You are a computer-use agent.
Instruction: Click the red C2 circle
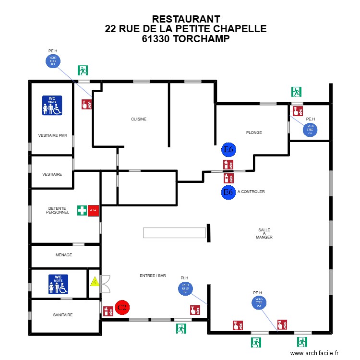click(122, 307)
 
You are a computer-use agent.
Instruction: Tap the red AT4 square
click(93, 210)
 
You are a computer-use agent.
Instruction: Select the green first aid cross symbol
click(82, 210)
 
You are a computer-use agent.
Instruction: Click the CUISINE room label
click(139, 119)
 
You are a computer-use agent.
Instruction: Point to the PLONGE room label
click(254, 132)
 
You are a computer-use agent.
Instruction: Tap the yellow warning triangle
click(95, 282)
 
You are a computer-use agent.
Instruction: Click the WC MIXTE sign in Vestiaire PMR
click(52, 106)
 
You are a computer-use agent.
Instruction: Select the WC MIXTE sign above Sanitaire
click(58, 284)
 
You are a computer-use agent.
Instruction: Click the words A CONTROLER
click(251, 192)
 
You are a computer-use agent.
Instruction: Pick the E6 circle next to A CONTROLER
click(228, 192)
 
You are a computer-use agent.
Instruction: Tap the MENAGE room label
click(64, 255)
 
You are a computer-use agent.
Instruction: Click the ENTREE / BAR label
click(153, 276)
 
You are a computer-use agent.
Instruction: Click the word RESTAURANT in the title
click(185, 19)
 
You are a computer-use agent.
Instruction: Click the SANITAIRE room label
click(63, 315)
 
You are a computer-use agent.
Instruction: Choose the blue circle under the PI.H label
click(185, 288)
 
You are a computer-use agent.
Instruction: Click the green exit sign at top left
click(84, 71)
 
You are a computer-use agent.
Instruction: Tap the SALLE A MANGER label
click(264, 234)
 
